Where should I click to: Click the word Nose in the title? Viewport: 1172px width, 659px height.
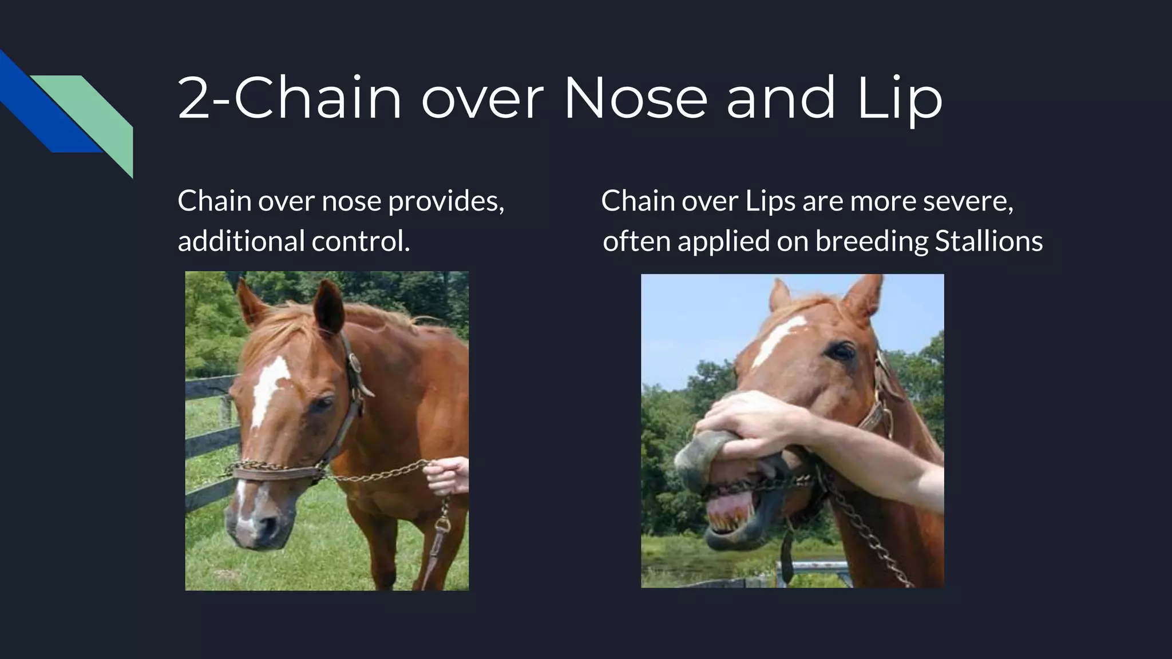click(x=636, y=98)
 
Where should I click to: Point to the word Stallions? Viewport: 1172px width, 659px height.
click(x=988, y=241)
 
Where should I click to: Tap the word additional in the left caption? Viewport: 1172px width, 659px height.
click(x=241, y=241)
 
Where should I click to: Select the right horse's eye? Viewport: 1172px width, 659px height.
click(x=841, y=351)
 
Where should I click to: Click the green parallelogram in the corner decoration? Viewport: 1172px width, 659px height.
click(x=97, y=114)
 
